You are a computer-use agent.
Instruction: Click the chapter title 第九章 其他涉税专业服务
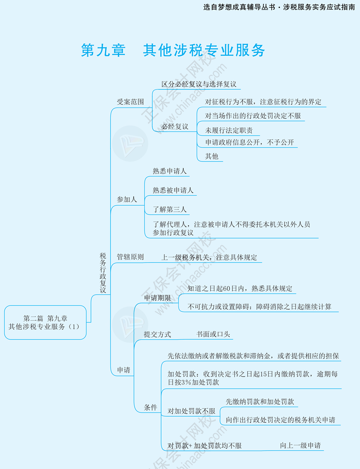tap(173, 50)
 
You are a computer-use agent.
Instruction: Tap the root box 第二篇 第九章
tap(45, 322)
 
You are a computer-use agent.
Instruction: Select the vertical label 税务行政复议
tap(103, 272)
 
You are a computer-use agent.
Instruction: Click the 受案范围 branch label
tap(130, 102)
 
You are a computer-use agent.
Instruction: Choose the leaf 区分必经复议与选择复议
tap(199, 84)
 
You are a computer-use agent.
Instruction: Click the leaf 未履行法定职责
tap(229, 130)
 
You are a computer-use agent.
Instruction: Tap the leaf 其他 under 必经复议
tap(212, 156)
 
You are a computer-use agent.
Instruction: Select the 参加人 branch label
tap(127, 200)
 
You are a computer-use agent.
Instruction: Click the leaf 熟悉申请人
tap(170, 171)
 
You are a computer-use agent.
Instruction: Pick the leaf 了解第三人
tap(170, 209)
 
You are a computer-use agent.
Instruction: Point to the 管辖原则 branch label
tap(130, 257)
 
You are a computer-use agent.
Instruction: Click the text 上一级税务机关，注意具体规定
tap(209, 257)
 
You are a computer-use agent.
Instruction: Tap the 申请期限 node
tap(157, 298)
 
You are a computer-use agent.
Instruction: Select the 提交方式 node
tap(157, 335)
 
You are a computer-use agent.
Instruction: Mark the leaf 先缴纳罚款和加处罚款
tap(260, 402)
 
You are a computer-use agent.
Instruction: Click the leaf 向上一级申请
tap(300, 445)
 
